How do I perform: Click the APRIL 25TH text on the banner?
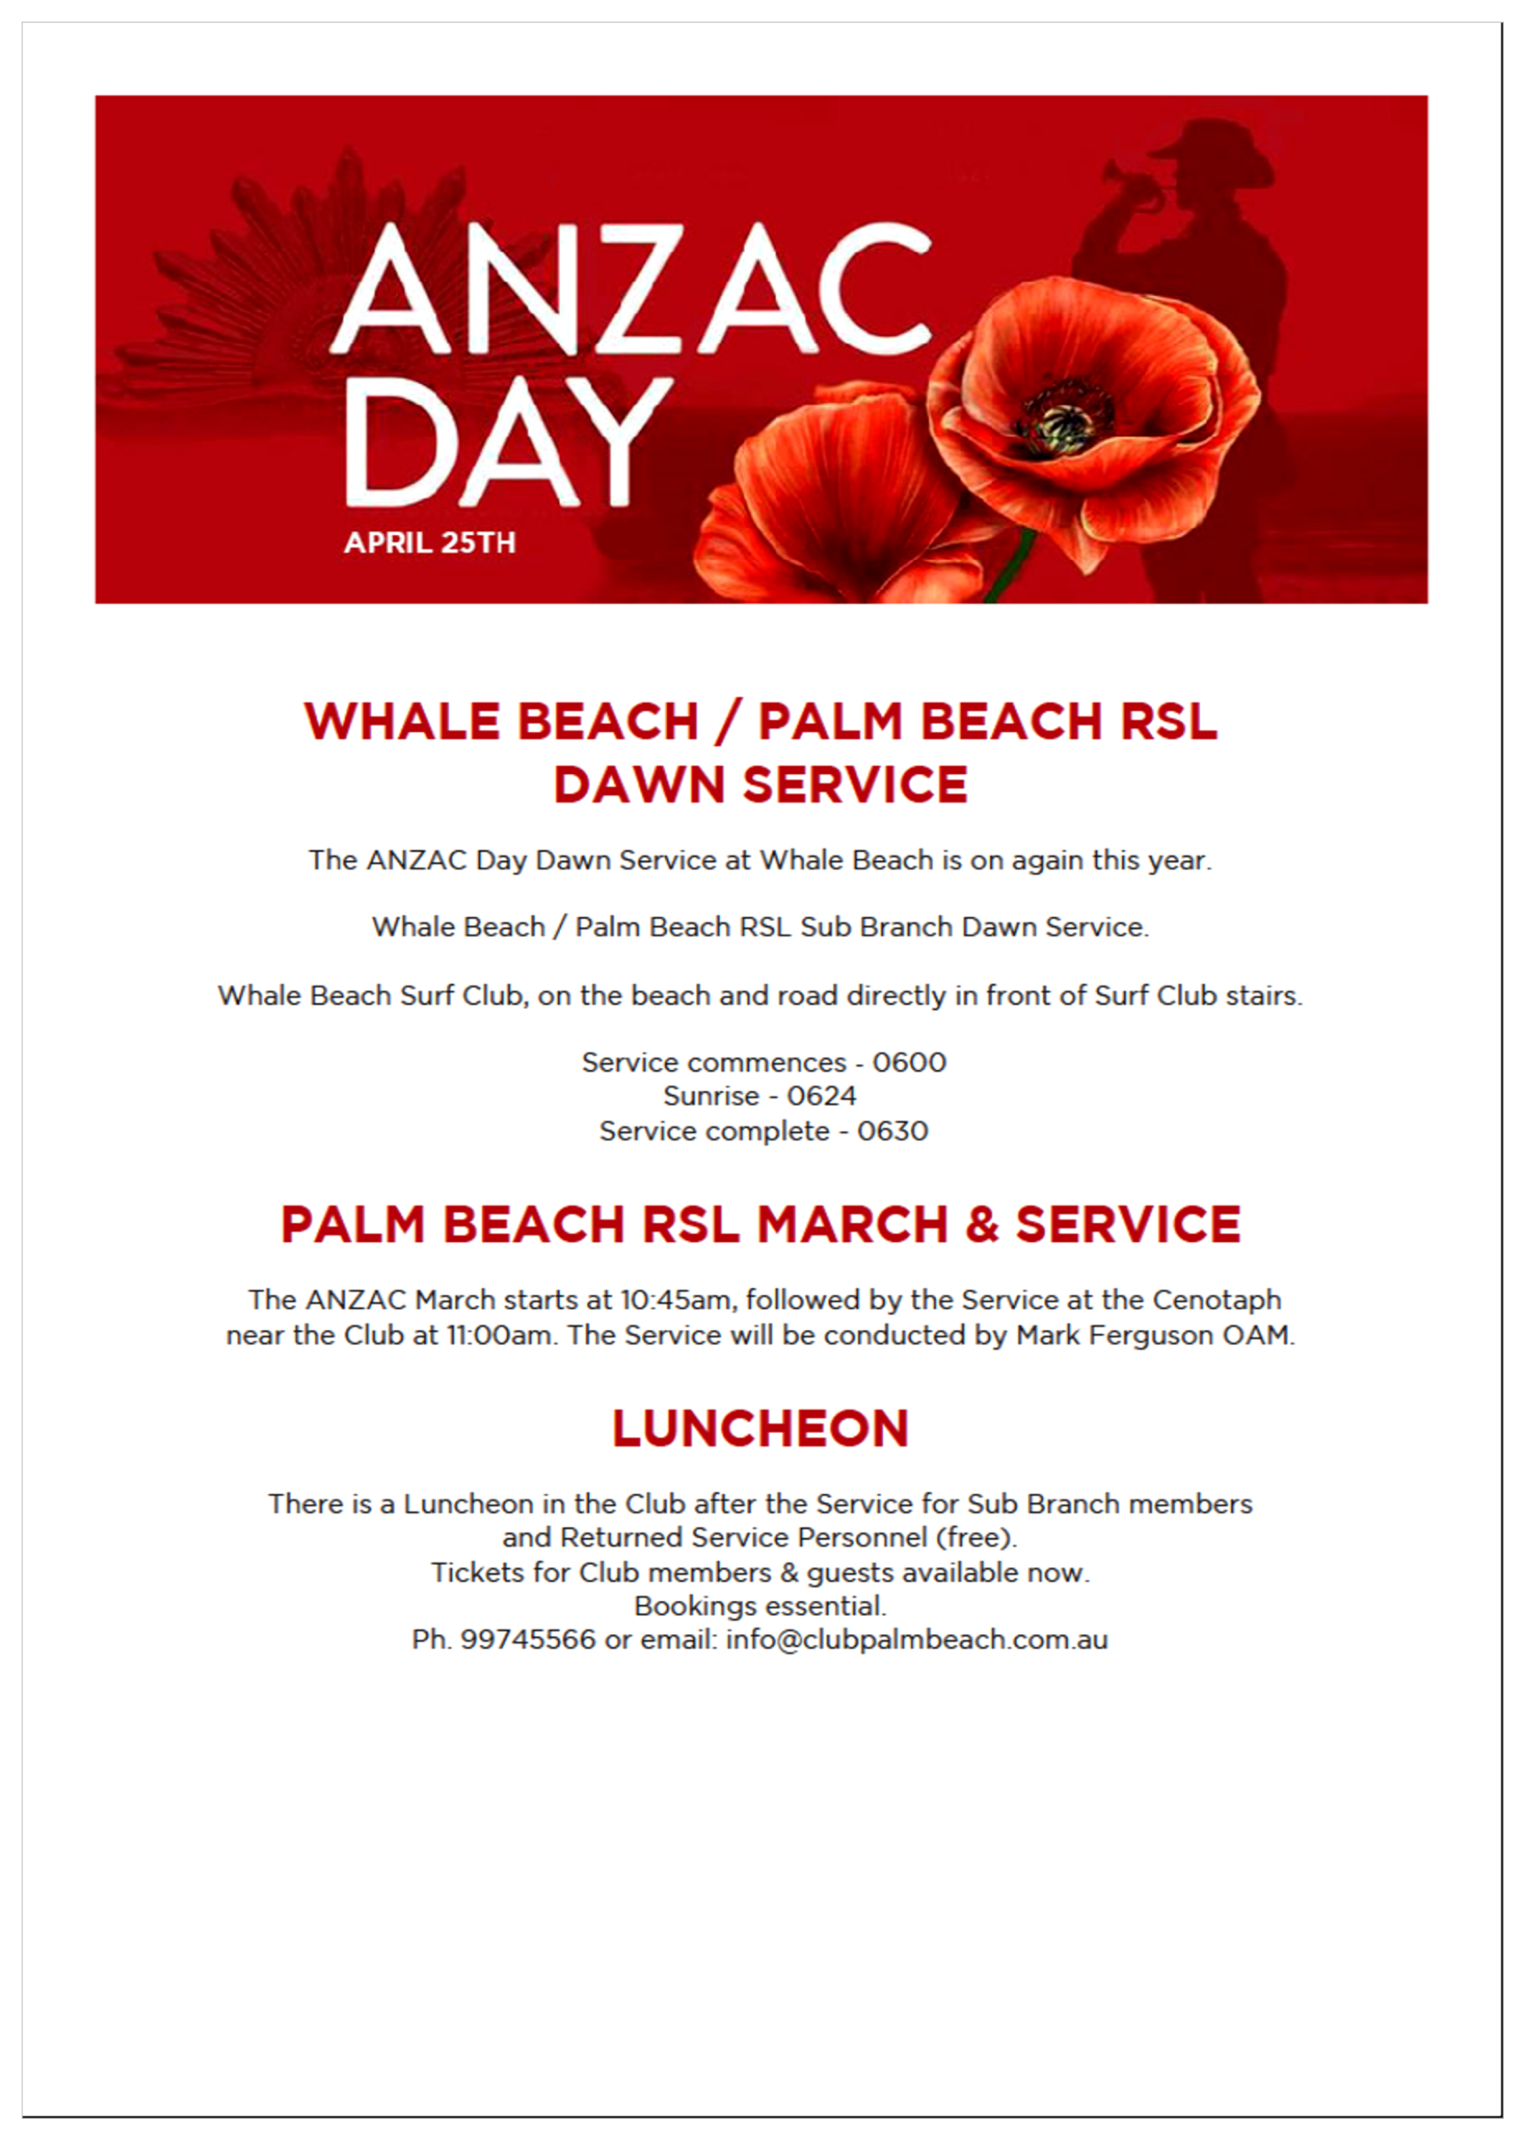[430, 543]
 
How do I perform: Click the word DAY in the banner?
[507, 441]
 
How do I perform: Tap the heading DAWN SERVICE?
[760, 785]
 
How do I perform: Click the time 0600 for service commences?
[909, 1062]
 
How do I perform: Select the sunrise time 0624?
[821, 1096]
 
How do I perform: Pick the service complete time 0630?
[892, 1131]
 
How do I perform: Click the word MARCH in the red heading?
[852, 1225]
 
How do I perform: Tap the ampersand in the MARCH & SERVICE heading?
[981, 1225]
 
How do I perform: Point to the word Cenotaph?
[1216, 1300]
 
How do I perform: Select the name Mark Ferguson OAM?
[1154, 1335]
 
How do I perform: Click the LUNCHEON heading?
[760, 1429]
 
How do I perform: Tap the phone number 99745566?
[528, 1640]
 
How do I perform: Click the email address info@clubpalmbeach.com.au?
[917, 1640]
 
